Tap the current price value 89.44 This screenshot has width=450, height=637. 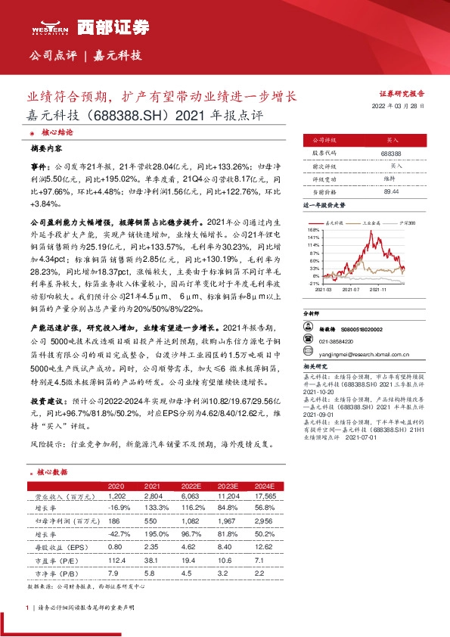coord(392,192)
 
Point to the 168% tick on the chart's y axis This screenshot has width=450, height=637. coord(312,228)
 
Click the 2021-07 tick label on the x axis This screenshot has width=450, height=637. coord(350,288)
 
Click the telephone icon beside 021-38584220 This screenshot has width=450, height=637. coord(309,340)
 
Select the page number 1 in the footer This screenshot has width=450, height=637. coord(28,607)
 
